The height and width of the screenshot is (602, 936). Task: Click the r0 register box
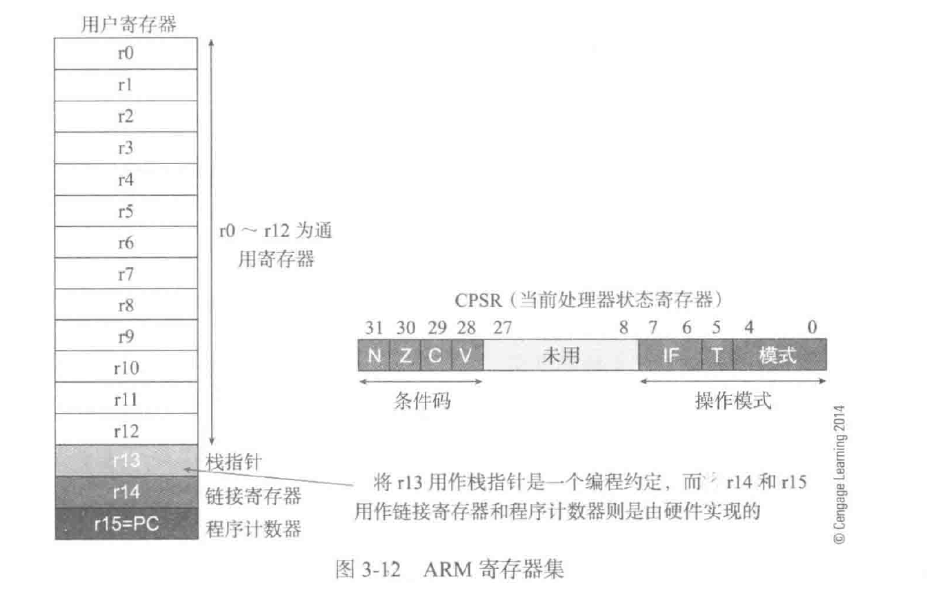coord(126,53)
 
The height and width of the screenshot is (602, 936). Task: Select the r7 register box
coord(126,274)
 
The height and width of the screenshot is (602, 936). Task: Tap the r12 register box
coord(126,430)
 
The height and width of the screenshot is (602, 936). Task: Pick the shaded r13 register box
coord(126,461)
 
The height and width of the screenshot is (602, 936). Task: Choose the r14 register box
coord(126,492)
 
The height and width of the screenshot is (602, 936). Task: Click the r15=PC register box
coord(126,523)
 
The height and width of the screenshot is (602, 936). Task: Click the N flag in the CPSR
coord(374,355)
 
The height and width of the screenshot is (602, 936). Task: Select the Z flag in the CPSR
coord(405,355)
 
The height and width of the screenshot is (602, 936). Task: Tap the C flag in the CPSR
coord(436,355)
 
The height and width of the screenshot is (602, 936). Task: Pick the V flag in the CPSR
coord(467,355)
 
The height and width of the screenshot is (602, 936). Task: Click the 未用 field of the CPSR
coord(560,355)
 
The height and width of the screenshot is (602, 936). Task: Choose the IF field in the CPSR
coord(670,355)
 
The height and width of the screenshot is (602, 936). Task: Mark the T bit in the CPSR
coord(717,355)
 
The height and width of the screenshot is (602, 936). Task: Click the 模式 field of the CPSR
coord(779,355)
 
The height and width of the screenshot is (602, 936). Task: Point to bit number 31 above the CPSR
coord(372,327)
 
